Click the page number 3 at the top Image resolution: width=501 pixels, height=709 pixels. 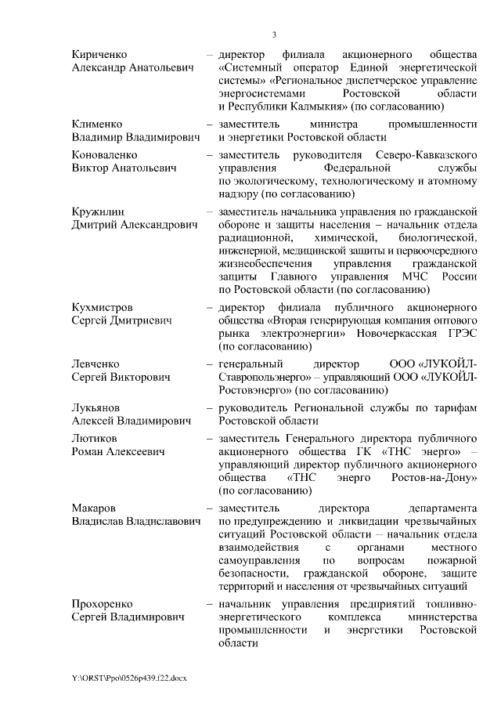pos(274,34)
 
